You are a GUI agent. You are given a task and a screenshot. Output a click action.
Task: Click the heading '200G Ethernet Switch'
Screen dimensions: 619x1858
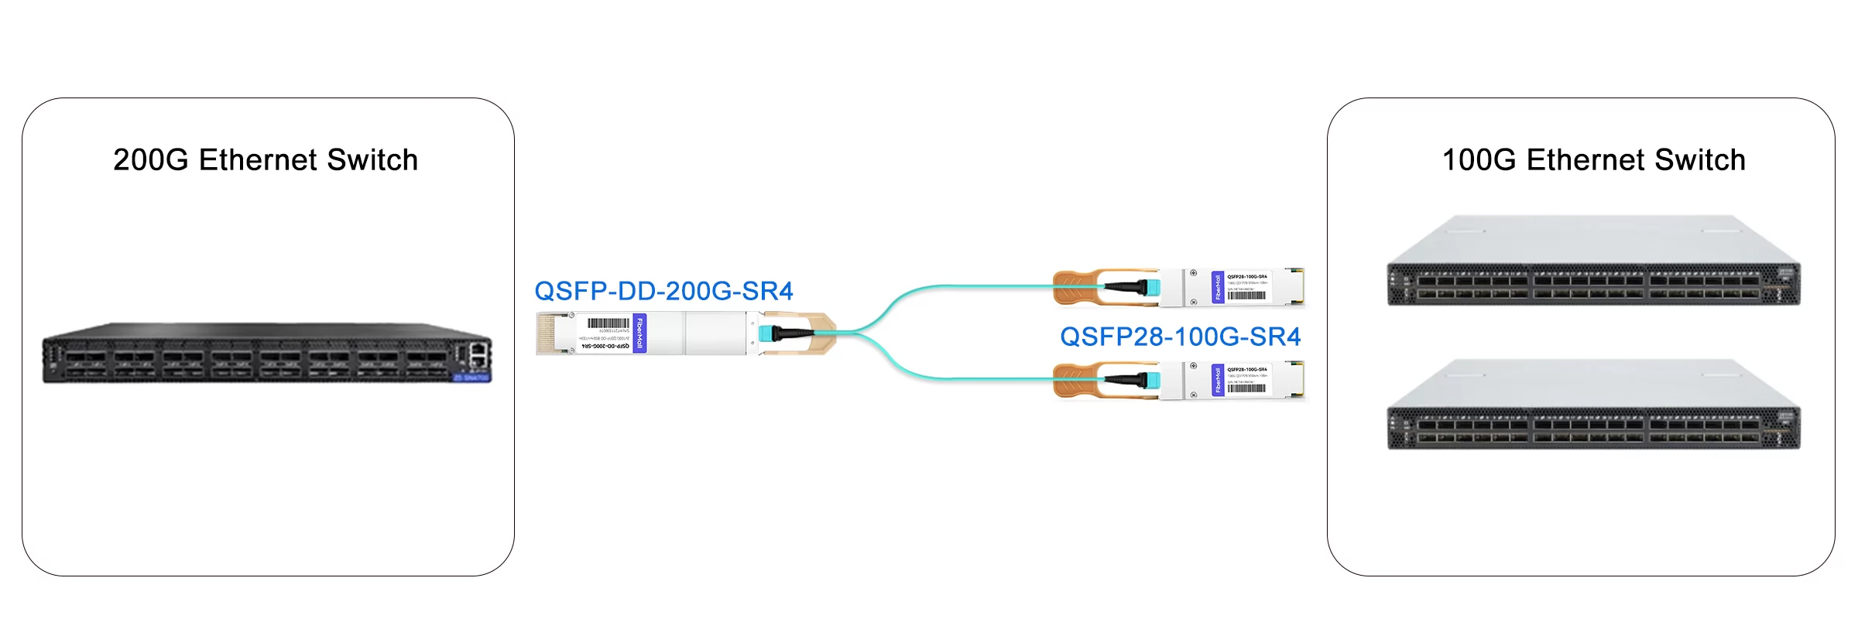[266, 160]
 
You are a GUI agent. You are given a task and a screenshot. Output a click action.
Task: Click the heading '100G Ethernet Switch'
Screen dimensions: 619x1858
[1593, 160]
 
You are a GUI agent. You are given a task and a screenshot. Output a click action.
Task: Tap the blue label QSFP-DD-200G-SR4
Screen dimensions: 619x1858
[663, 291]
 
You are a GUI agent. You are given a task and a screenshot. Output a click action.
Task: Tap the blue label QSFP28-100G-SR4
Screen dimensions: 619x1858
[1180, 337]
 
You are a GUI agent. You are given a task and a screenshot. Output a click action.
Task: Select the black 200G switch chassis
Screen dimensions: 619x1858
[267, 354]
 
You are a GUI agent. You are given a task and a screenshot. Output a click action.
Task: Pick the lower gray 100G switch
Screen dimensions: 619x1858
[1593, 405]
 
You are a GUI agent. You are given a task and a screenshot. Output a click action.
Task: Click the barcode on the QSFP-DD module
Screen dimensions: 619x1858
[608, 323]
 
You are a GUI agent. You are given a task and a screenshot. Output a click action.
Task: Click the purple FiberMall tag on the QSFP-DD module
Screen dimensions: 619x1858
[639, 333]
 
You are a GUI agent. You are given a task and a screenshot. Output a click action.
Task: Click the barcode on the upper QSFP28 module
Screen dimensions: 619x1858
[1246, 296]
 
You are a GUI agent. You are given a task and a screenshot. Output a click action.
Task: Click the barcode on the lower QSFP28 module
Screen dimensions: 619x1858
[1246, 388]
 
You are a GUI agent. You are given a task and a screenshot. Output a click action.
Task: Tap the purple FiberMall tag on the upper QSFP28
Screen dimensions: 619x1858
[1218, 288]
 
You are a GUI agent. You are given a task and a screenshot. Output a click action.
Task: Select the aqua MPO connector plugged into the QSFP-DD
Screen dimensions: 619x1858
[766, 333]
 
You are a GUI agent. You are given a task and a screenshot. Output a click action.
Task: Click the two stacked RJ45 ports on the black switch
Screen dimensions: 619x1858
[478, 354]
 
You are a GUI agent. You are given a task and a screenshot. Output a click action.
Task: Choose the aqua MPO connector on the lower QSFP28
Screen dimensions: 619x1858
[1152, 380]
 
